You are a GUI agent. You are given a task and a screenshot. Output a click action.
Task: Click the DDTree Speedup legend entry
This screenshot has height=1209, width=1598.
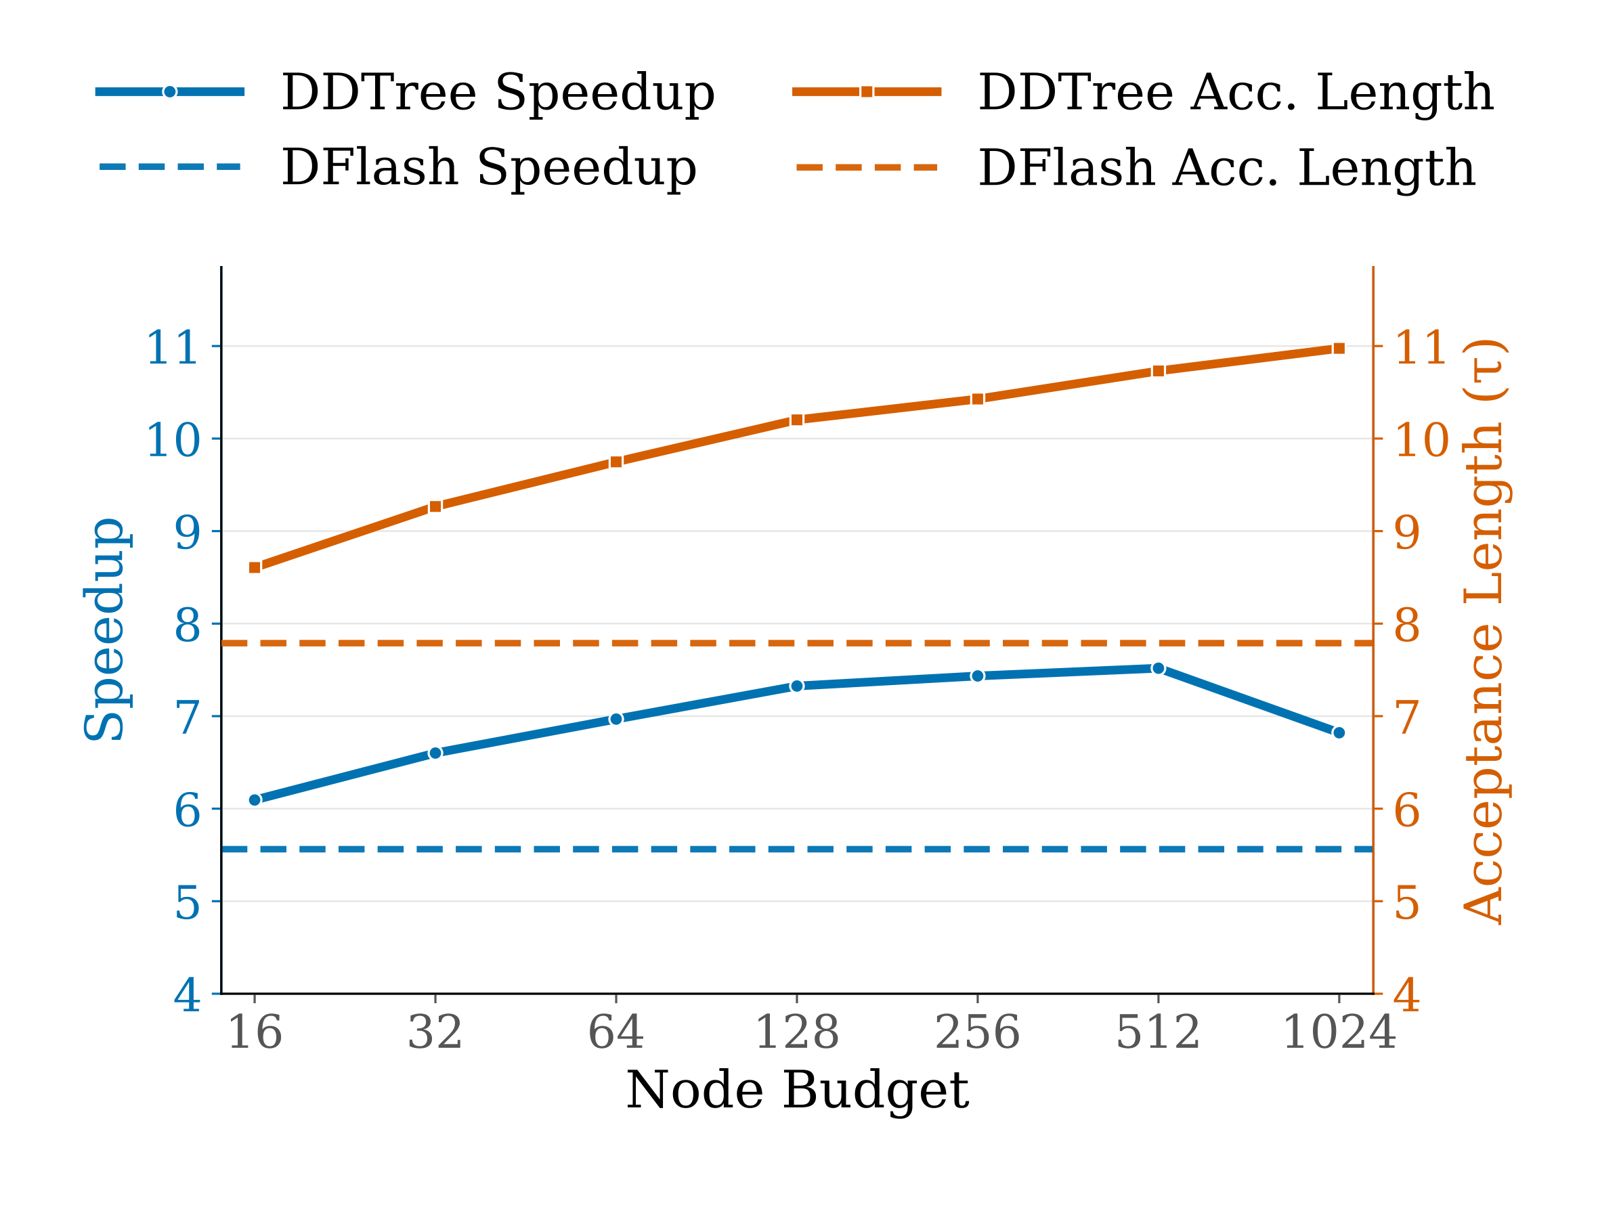point(497,93)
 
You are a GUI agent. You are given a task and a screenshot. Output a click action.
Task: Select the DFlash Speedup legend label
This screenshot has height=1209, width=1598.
point(488,168)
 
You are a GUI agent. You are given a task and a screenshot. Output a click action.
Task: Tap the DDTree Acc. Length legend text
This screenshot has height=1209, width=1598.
point(1235,93)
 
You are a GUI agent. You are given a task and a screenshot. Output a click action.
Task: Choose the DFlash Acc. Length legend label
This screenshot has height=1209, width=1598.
point(1226,168)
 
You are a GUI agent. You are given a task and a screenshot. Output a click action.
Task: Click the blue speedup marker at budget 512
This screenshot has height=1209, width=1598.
point(1158,668)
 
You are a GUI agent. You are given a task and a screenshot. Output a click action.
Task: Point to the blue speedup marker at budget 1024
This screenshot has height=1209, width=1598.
point(1339,732)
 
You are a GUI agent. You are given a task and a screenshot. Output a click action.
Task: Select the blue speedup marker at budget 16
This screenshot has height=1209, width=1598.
point(255,799)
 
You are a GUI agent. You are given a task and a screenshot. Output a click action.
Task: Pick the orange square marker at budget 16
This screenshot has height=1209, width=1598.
point(255,568)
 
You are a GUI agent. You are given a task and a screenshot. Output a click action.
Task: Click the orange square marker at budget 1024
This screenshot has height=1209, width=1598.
point(1339,348)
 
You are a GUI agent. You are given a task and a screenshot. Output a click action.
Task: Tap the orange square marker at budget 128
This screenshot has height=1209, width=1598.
point(797,420)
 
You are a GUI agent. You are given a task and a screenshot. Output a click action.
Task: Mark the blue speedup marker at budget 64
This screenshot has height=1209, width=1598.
point(616,719)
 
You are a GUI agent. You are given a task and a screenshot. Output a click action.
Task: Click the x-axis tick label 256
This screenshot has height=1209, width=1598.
point(978,1033)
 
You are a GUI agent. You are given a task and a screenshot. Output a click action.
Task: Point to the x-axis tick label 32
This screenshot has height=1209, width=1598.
point(435,1033)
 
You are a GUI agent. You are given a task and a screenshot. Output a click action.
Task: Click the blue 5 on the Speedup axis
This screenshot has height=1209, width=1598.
point(187,903)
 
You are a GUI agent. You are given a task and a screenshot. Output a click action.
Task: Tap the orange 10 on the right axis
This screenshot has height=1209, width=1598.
point(1421,440)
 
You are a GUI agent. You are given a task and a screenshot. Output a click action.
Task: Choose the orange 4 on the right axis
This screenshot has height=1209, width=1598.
point(1406,995)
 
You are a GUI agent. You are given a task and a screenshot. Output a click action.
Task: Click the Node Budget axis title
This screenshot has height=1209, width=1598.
point(797,1091)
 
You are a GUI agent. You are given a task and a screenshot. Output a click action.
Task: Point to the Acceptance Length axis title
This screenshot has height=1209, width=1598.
point(1482,629)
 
